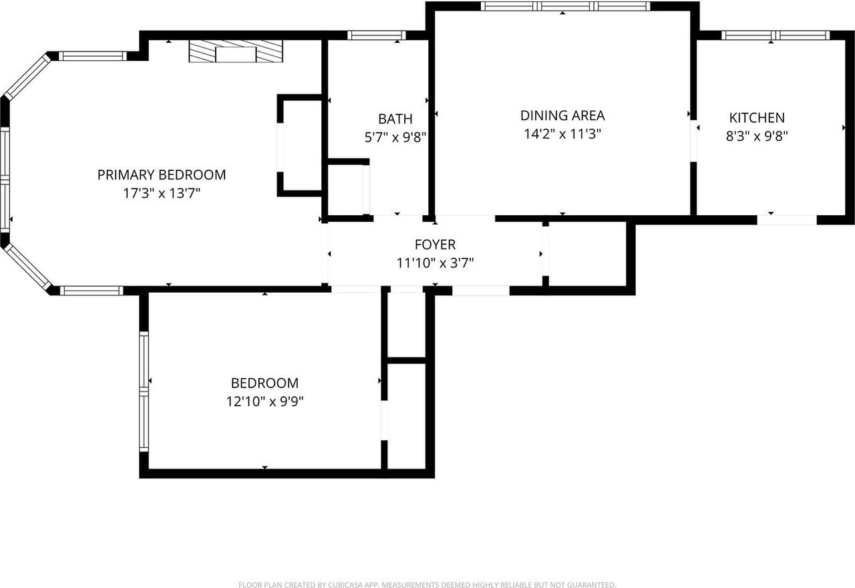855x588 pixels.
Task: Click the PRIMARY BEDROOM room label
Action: (162, 175)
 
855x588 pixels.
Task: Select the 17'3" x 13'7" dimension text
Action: (162, 193)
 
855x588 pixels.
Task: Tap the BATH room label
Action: (395, 119)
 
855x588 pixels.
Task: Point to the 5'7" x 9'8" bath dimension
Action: (395, 137)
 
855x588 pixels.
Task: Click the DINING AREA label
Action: (562, 116)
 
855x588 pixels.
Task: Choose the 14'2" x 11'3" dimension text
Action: (562, 134)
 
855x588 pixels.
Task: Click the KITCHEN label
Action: (757, 118)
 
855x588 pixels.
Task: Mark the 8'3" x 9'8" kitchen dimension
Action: (757, 136)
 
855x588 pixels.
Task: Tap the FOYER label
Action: (435, 245)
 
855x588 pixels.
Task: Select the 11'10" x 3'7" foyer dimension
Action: (435, 263)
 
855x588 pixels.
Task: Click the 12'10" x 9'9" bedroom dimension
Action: (265, 402)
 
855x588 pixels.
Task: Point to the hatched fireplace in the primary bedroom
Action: (236, 51)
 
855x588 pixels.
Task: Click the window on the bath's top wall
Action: (376, 35)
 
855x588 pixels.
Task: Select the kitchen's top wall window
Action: (776, 35)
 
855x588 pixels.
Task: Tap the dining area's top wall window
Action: (565, 6)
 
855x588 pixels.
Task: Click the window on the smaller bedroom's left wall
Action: (144, 392)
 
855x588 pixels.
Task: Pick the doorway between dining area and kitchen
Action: (693, 141)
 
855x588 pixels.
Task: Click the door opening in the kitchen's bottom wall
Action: (787, 220)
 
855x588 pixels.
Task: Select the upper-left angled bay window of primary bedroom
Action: (27, 77)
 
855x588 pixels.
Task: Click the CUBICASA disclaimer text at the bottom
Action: (427, 584)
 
